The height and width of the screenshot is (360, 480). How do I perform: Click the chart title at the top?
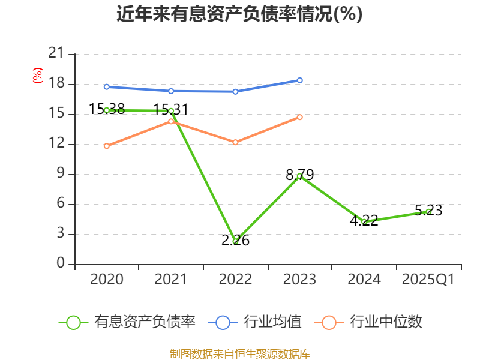pos(239,14)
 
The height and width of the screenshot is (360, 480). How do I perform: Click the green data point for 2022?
pos(236,241)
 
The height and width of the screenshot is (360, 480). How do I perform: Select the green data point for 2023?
pos(299,176)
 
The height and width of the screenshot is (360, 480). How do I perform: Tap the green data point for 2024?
pos(364,221)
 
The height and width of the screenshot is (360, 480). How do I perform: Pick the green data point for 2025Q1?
pos(428,211)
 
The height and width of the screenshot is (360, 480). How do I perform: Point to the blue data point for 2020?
pos(107,86)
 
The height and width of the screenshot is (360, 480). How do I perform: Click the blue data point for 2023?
pos(300,80)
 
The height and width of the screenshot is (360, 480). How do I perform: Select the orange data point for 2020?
pos(107,146)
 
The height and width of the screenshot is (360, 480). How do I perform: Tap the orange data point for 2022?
pos(235,142)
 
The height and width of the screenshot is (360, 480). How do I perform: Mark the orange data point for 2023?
pos(300,117)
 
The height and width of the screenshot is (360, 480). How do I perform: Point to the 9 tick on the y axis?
pos(60,174)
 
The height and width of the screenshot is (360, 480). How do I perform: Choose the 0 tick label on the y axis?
pos(60,264)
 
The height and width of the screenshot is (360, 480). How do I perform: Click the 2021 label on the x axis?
pos(171,280)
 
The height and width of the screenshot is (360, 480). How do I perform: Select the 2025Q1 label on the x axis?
pos(428,280)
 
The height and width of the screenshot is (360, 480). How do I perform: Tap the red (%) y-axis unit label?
pos(38,76)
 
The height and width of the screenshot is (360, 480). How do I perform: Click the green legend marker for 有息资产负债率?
pos(73,322)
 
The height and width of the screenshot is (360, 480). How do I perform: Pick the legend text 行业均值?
pos(272,322)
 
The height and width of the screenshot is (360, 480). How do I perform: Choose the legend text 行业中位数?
pos(386,322)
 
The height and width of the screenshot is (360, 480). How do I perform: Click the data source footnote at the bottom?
pos(239,353)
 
